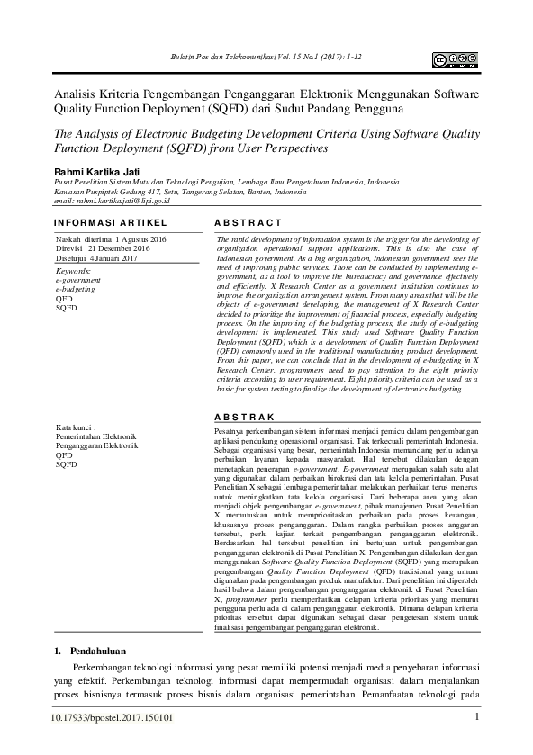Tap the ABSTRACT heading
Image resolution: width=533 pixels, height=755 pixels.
(249, 221)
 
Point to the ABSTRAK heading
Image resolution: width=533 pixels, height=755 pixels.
(245, 418)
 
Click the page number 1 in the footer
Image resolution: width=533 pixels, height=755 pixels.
(476, 717)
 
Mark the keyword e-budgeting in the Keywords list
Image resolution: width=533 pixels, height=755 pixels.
(75, 290)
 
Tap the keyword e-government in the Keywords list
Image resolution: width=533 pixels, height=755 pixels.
(79, 280)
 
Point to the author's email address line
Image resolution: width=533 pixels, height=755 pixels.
(112, 202)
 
